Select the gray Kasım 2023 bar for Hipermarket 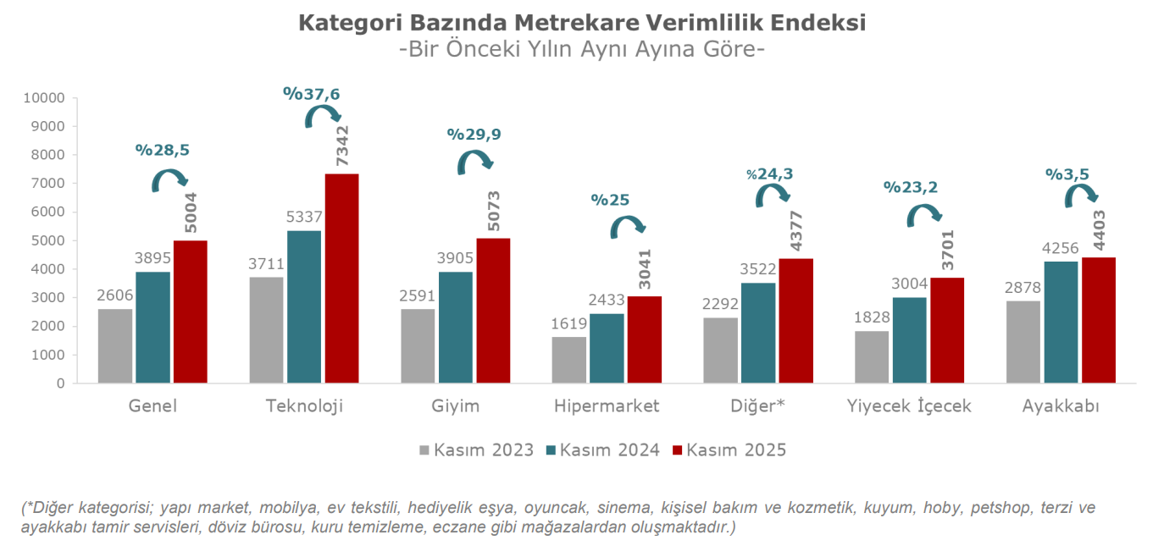tap(568, 360)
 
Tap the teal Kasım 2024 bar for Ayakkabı tap(1061, 322)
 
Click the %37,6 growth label tap(312, 94)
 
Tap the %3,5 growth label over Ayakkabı tap(1067, 174)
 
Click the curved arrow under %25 tap(628, 226)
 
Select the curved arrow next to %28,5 tap(169, 179)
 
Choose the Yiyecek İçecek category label tap(909, 406)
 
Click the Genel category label tap(152, 406)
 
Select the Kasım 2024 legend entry tap(603, 450)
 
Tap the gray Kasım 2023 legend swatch tap(424, 450)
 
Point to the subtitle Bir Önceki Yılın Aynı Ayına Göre tap(581, 49)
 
